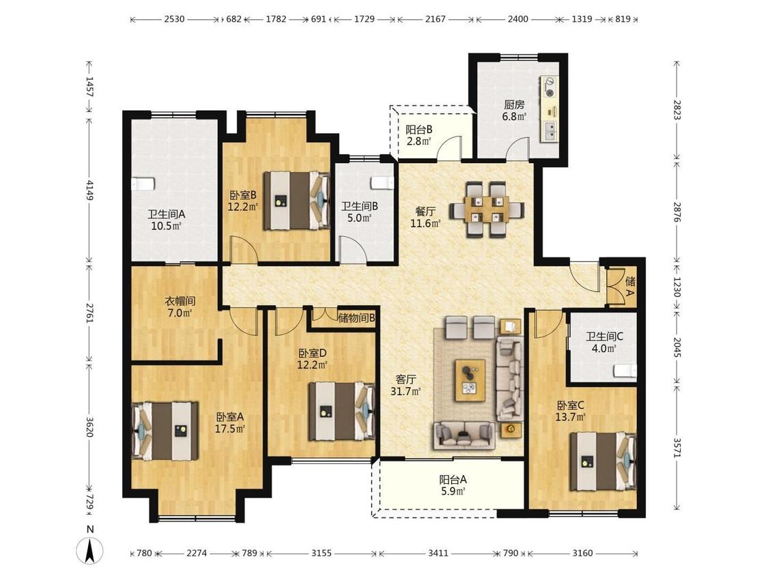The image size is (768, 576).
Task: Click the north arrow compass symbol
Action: [x=89, y=549]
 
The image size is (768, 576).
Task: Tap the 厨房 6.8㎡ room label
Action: [x=514, y=111]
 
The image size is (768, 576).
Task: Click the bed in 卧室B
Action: [x=296, y=201]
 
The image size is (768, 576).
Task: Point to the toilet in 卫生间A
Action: [x=143, y=184]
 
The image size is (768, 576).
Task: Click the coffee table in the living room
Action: [x=470, y=380]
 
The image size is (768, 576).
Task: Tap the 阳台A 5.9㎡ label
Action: [x=453, y=485]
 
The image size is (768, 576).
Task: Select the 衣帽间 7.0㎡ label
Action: [x=180, y=306]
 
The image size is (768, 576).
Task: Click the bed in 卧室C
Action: [x=603, y=461]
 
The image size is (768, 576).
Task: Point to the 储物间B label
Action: [x=356, y=318]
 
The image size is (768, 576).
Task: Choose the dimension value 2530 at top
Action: [x=174, y=19]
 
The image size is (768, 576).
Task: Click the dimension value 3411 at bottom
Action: [x=438, y=553]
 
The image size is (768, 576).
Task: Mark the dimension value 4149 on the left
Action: [x=89, y=190]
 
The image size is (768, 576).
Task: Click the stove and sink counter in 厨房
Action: [x=550, y=109]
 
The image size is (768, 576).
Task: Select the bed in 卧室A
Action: [x=165, y=431]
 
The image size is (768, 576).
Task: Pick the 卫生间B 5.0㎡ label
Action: [x=360, y=212]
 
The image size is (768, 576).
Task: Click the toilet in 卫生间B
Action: [x=383, y=183]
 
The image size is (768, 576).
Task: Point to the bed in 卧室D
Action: [x=341, y=411]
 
